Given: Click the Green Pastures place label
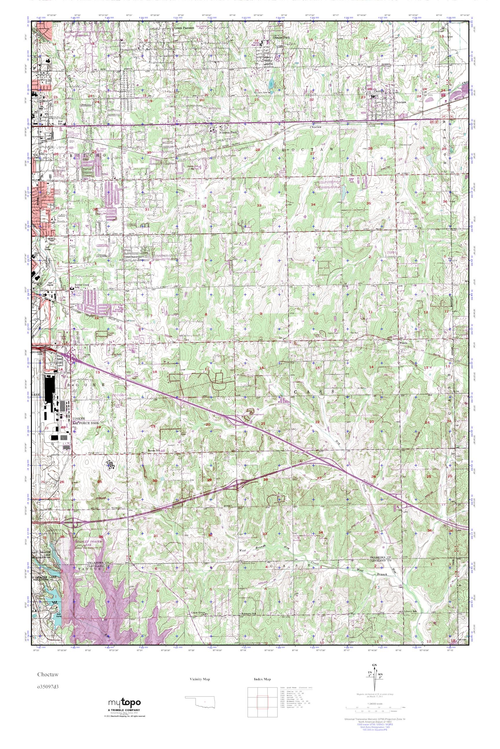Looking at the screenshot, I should tap(184, 28).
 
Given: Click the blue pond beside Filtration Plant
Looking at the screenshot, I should tap(271, 85).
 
